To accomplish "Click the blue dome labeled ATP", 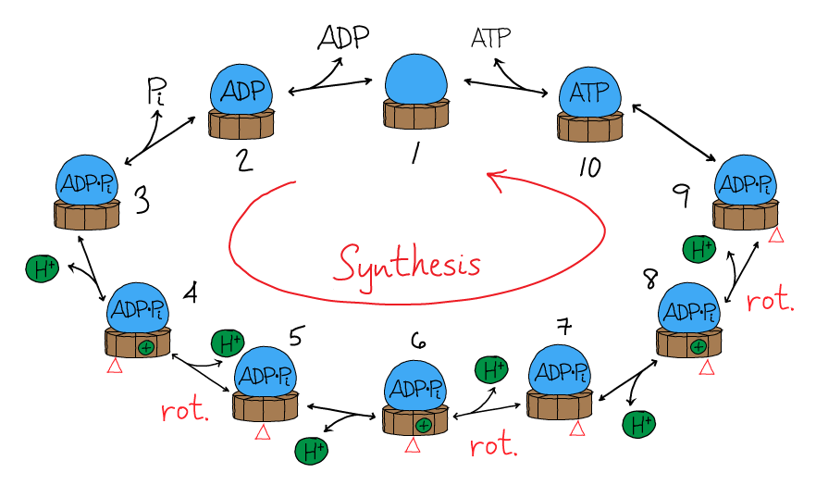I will [x=589, y=93].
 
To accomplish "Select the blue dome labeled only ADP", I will [x=241, y=91].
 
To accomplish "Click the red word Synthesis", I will [x=408, y=264].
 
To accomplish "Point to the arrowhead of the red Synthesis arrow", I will [x=494, y=177].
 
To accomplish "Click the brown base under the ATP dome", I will [x=589, y=127].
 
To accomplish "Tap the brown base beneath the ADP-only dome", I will [x=241, y=124].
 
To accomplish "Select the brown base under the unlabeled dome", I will [x=416, y=113].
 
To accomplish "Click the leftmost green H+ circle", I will [x=42, y=269].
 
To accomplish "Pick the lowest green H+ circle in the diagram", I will [x=311, y=451].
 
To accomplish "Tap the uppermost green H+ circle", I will [x=699, y=249].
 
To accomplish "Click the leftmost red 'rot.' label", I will [x=185, y=411].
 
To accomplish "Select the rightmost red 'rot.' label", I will [x=770, y=301].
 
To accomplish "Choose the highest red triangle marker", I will [x=776, y=235].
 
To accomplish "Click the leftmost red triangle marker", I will [x=115, y=366].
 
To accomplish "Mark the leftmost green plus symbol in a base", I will [x=145, y=348].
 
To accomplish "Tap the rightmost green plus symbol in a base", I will [x=699, y=347].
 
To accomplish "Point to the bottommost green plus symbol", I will [x=423, y=426].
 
